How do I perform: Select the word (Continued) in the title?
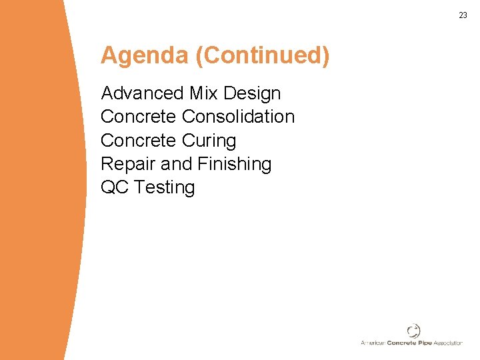[x=263, y=56]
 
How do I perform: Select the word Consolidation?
[x=238, y=117]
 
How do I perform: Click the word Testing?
[x=164, y=188]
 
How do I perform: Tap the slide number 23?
[x=463, y=15]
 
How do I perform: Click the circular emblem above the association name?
[x=413, y=331]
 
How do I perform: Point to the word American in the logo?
[x=373, y=343]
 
